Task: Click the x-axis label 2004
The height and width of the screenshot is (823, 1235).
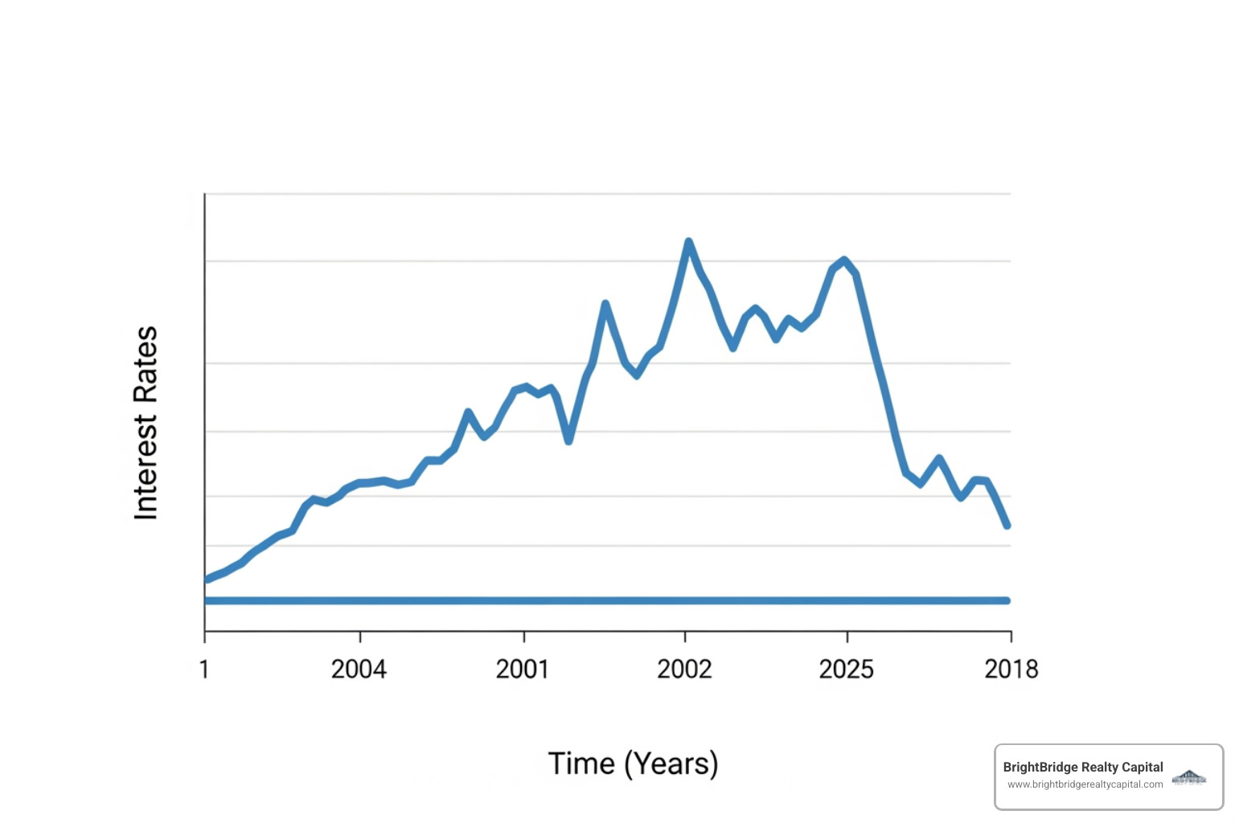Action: pos(359,669)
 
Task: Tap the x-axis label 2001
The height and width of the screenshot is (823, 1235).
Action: pos(522,669)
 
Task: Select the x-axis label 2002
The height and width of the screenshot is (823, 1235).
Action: pos(684,669)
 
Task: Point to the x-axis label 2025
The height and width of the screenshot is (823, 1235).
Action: pos(846,669)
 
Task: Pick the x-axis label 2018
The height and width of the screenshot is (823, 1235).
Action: pos(1011,669)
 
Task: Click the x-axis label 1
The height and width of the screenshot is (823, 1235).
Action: pos(204,669)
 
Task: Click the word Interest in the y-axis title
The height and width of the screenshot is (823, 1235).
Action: pos(146,467)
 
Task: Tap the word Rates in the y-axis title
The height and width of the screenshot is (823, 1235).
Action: pos(146,365)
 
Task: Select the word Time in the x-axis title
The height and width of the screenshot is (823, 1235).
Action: pos(581,764)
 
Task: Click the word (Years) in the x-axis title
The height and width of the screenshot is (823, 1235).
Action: pos(671,764)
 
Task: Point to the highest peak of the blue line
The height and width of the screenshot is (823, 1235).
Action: pos(688,241)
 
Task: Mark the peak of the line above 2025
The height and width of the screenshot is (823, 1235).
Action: pos(843,260)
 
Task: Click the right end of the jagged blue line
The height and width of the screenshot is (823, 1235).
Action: pos(1007,526)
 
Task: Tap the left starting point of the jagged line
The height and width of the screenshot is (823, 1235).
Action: pos(207,579)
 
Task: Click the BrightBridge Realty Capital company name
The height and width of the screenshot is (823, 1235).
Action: pos(1082,768)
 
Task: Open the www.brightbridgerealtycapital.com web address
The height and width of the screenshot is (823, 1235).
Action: pos(1085,784)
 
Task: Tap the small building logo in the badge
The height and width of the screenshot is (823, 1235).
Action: pos(1189,777)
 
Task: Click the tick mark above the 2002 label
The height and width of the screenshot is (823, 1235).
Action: pos(685,637)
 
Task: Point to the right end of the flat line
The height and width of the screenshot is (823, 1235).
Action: pos(1007,600)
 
